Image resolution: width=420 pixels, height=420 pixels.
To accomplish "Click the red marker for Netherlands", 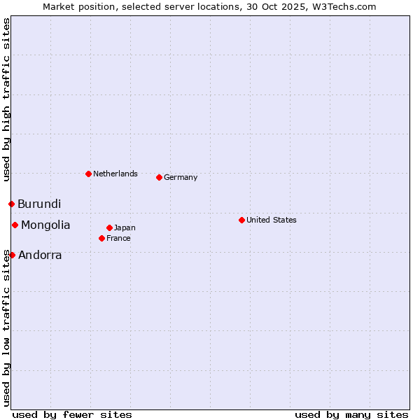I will pyautogui.click(x=88, y=174).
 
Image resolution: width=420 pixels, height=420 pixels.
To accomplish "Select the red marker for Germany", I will pyautogui.click(x=159, y=177).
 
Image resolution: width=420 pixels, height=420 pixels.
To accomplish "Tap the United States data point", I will pyautogui.click(x=241, y=220).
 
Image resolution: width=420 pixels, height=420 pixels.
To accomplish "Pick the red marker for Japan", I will pyautogui.click(x=109, y=227).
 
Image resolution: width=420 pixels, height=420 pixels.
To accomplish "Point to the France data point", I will pyautogui.click(x=101, y=238).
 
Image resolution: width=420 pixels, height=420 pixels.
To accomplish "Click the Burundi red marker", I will pyautogui.click(x=11, y=204).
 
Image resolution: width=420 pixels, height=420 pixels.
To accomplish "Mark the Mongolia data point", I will pyautogui.click(x=15, y=225).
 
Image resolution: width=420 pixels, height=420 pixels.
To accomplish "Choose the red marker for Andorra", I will pyautogui.click(x=12, y=255).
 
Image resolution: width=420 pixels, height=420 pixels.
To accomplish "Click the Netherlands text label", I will pyautogui.click(x=115, y=174).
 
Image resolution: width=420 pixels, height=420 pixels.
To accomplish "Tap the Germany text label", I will pyautogui.click(x=181, y=177).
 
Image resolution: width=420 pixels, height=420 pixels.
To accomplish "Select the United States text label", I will pyautogui.click(x=272, y=220).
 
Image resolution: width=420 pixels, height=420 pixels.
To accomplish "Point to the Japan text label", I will pyautogui.click(x=125, y=227).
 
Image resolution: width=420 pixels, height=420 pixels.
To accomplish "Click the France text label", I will pyautogui.click(x=118, y=238).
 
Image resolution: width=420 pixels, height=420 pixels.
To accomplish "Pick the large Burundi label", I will pyautogui.click(x=39, y=204).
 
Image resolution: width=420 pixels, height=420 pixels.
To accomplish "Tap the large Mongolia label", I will pyautogui.click(x=45, y=225).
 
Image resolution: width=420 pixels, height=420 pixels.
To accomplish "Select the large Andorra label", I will pyautogui.click(x=40, y=255).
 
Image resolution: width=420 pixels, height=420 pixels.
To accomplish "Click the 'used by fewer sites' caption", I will pyautogui.click(x=72, y=414).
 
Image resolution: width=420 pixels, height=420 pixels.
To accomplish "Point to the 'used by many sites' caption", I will pyautogui.click(x=351, y=414).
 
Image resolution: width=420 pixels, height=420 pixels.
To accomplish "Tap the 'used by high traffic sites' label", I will pyautogui.click(x=6, y=99).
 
